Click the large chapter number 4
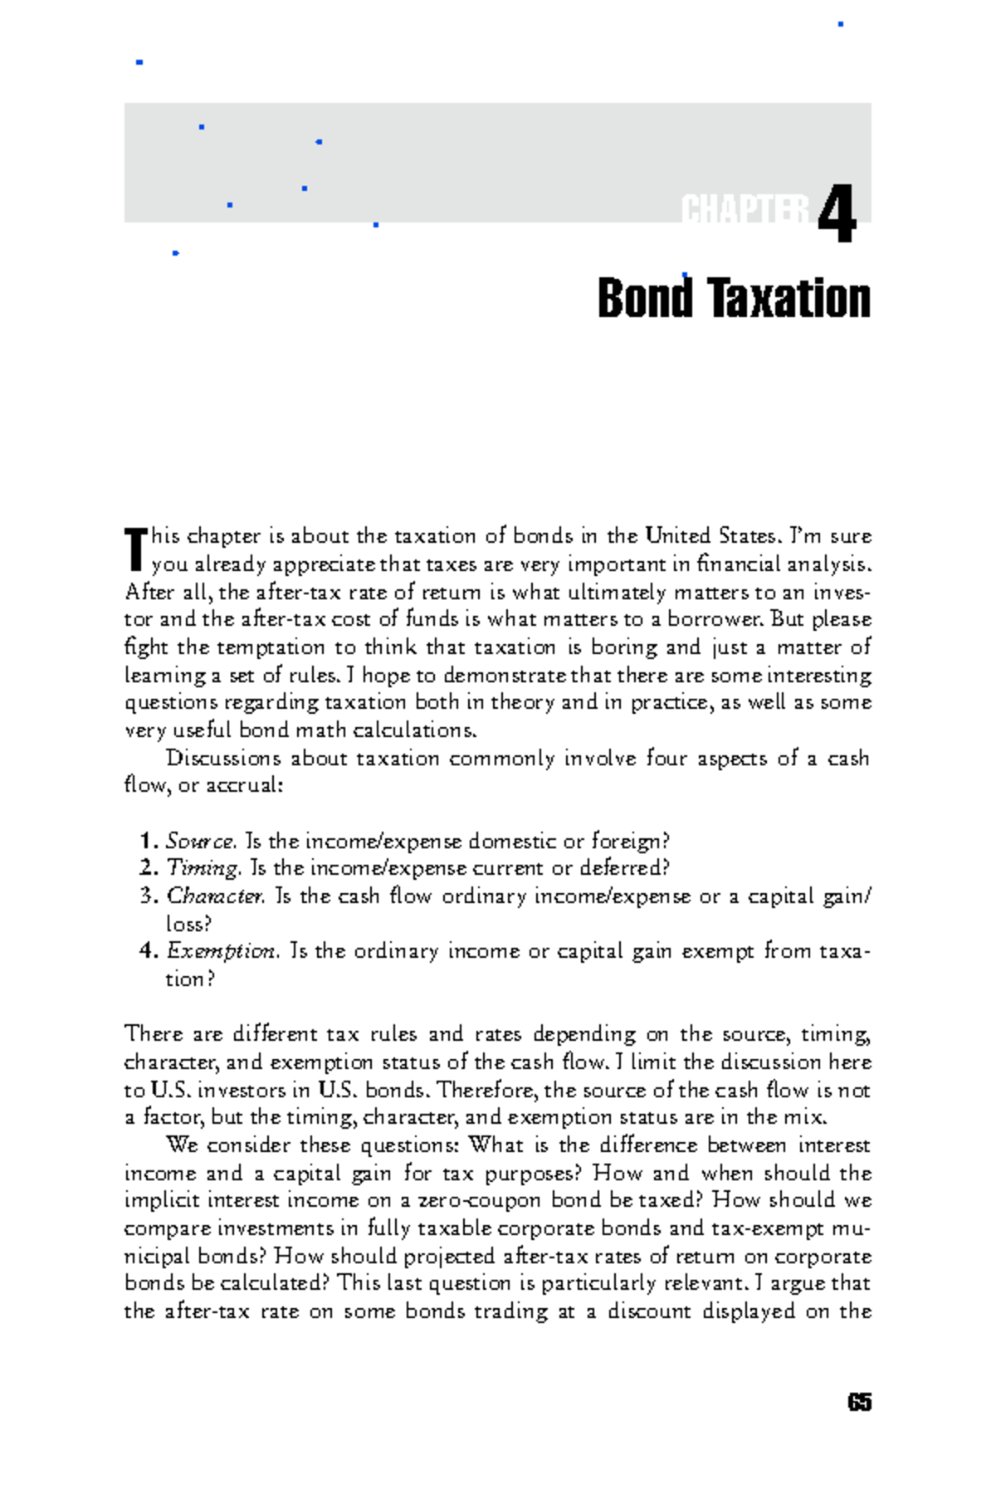(x=837, y=214)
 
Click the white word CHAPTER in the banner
(x=744, y=211)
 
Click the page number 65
(x=859, y=1403)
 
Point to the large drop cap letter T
(x=135, y=549)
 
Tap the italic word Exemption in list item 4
(x=221, y=951)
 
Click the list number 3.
(x=148, y=896)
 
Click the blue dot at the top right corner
(x=841, y=24)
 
